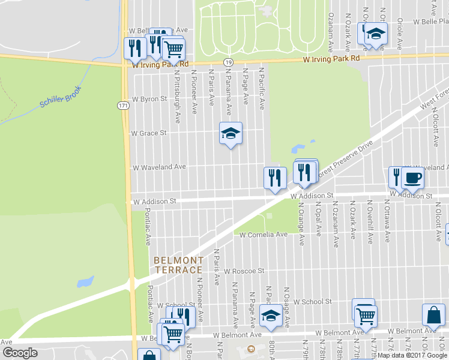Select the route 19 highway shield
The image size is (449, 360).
pyautogui.click(x=228, y=62)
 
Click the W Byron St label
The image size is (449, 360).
pyautogui.click(x=149, y=98)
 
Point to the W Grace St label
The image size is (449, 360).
pyautogui.click(x=148, y=133)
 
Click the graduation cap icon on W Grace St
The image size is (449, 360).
pyautogui.click(x=231, y=134)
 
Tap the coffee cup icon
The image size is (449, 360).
pyautogui.click(x=412, y=178)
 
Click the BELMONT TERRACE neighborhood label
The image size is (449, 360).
pyautogui.click(x=178, y=265)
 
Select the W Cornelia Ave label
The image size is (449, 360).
pyautogui.click(x=264, y=235)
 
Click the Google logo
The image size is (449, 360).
pyautogui.click(x=20, y=353)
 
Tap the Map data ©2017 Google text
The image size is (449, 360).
pyautogui.click(x=412, y=355)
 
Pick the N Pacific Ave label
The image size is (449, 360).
pyautogui.click(x=262, y=88)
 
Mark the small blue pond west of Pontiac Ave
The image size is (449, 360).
pyautogui.click(x=85, y=281)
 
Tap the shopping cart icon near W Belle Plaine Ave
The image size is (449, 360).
pyautogui.click(x=173, y=49)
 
